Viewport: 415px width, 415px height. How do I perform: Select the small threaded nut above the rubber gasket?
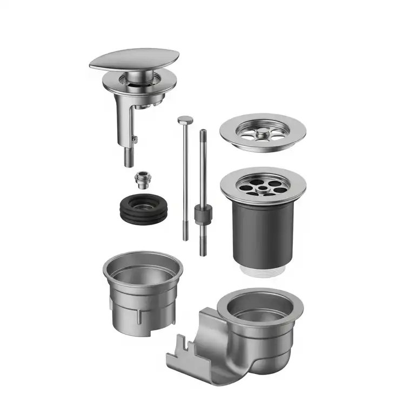[x=142, y=179]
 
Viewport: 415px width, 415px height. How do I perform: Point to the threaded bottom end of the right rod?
[x=203, y=246]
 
